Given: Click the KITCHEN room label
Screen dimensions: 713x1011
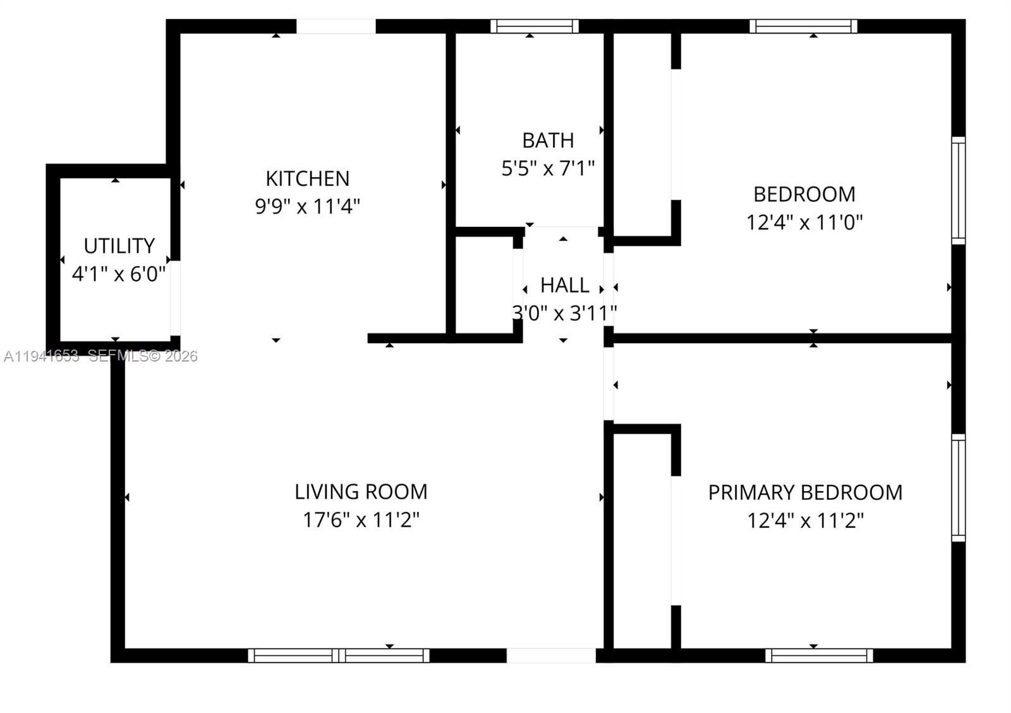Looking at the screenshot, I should pos(307,179).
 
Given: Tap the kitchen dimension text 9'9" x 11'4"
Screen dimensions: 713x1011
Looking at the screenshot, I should pos(307,207).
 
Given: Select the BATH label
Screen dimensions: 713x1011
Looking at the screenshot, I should pos(548,140).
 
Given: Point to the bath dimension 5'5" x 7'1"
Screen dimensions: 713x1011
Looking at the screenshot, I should pos(548,169).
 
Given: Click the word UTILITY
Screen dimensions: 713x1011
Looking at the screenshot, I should pos(119,246).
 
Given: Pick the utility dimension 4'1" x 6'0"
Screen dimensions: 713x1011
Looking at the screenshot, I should pos(119,274).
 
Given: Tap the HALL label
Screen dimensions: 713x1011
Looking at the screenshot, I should pos(564,286).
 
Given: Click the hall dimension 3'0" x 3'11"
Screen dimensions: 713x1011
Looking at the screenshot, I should pos(564,313).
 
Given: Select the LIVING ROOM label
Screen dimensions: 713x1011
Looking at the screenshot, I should pos(361,492).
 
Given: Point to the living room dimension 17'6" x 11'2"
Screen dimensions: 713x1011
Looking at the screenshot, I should pos(361,520).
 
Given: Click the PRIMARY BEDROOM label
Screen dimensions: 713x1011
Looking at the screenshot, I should pos(805,492).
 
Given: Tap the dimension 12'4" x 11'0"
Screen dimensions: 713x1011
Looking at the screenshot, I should pos(804,222).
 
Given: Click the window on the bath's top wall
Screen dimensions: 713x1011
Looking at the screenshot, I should pos(535,26).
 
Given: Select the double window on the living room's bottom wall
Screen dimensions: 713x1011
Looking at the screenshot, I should pos(339,655).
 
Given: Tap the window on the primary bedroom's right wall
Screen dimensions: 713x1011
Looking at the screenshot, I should pos(959,487).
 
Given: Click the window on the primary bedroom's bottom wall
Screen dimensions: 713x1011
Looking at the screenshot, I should pos(819,655).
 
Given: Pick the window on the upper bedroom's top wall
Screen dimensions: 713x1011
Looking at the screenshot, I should pos(803,26).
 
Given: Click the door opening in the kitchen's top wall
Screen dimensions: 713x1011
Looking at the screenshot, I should pos(336,26).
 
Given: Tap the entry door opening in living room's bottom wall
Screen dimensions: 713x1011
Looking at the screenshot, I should pos(551,655).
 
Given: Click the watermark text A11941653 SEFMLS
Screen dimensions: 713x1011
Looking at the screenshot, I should pos(101,356).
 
